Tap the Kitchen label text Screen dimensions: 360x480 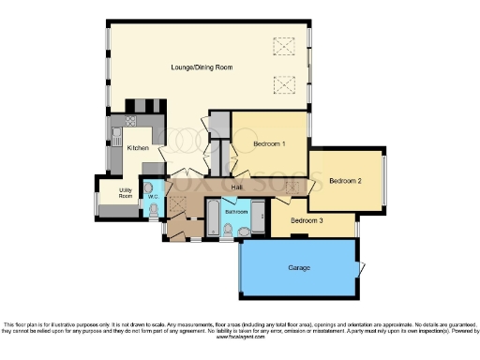(x=138, y=148)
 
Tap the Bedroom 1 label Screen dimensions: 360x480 (x=268, y=143)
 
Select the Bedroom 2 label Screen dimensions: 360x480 (x=346, y=180)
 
